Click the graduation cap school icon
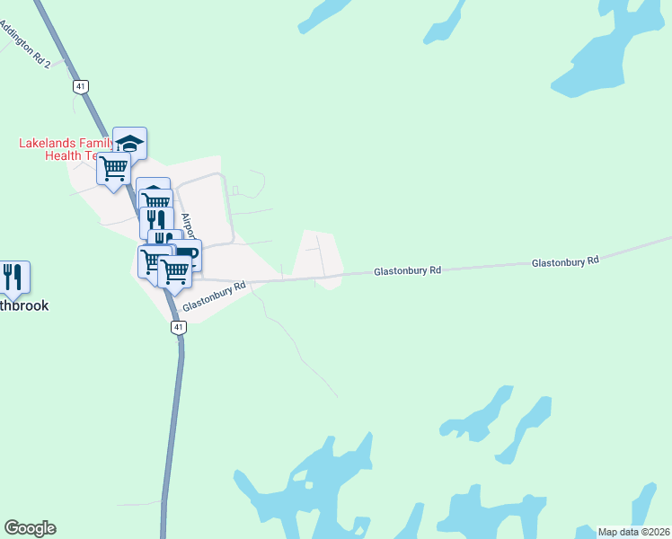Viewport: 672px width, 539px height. [130, 143]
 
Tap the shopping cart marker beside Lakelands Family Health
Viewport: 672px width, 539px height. [114, 168]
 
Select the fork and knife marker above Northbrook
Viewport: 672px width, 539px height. [13, 277]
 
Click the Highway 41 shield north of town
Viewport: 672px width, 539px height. [81, 87]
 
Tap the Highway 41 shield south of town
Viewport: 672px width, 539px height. [179, 328]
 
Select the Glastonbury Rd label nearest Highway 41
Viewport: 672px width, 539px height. [214, 297]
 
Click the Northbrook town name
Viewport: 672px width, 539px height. [23, 305]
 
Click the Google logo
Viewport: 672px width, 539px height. [30, 528]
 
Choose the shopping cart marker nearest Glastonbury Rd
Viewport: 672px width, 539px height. [174, 270]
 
